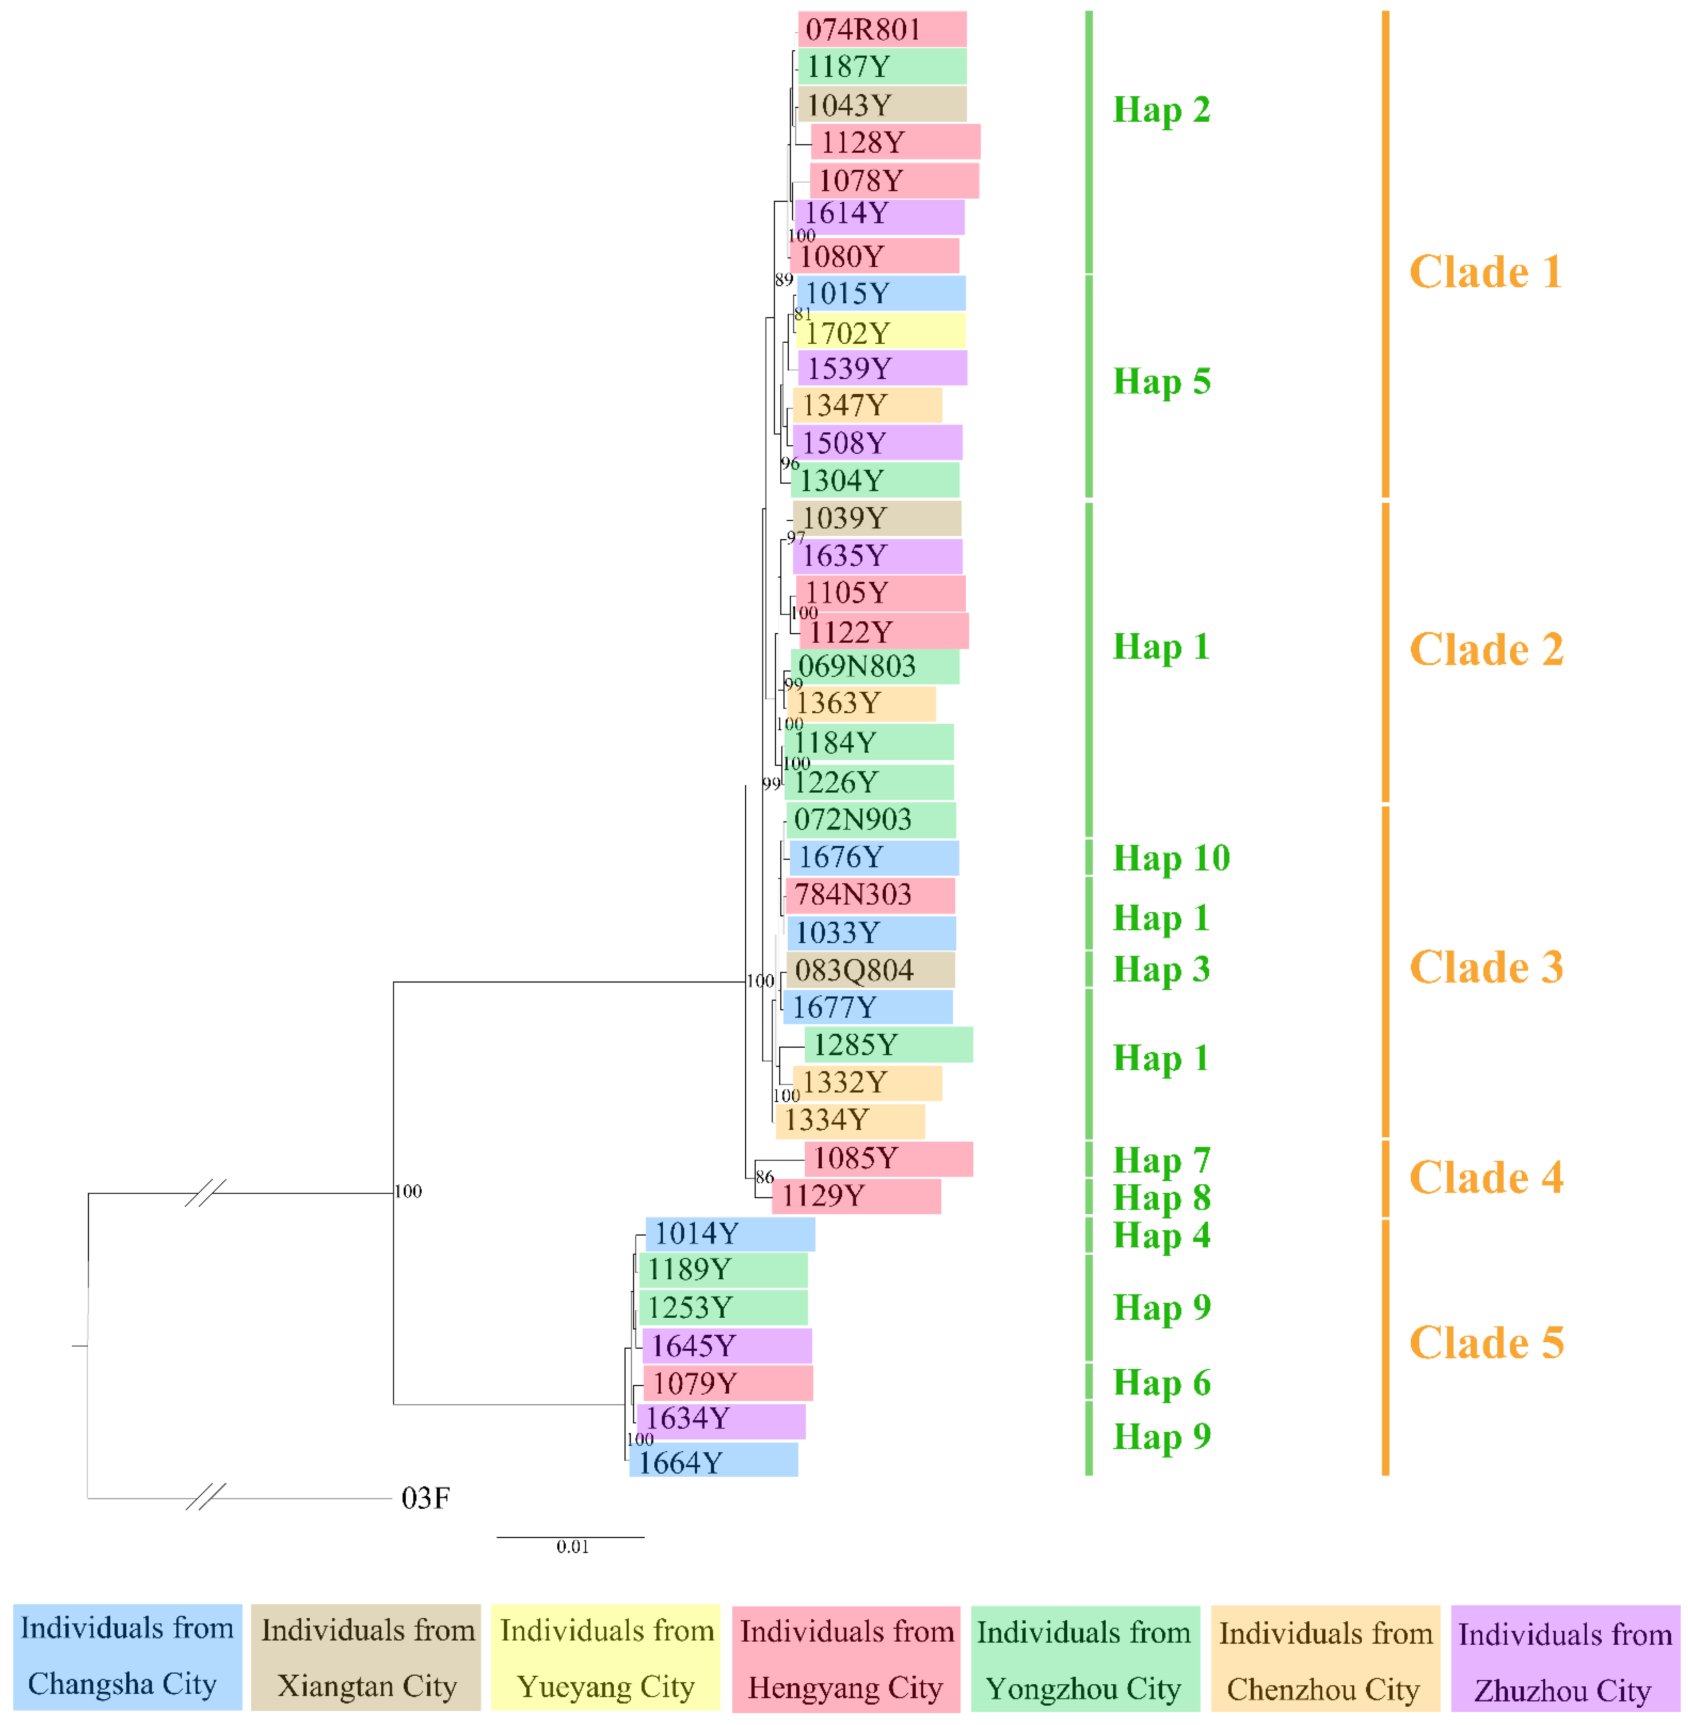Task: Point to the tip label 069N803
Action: click(857, 666)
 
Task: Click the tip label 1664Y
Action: click(681, 1462)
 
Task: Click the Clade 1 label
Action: click(1486, 272)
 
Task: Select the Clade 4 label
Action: click(1486, 1178)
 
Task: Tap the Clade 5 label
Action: click(1486, 1343)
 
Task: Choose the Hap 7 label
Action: click(1162, 1160)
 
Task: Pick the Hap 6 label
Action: click(1162, 1383)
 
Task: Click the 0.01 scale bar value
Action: click(573, 1547)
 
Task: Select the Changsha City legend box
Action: click(127, 1656)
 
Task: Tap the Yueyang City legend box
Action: click(606, 1658)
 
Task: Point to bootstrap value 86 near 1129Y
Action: click(764, 1177)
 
